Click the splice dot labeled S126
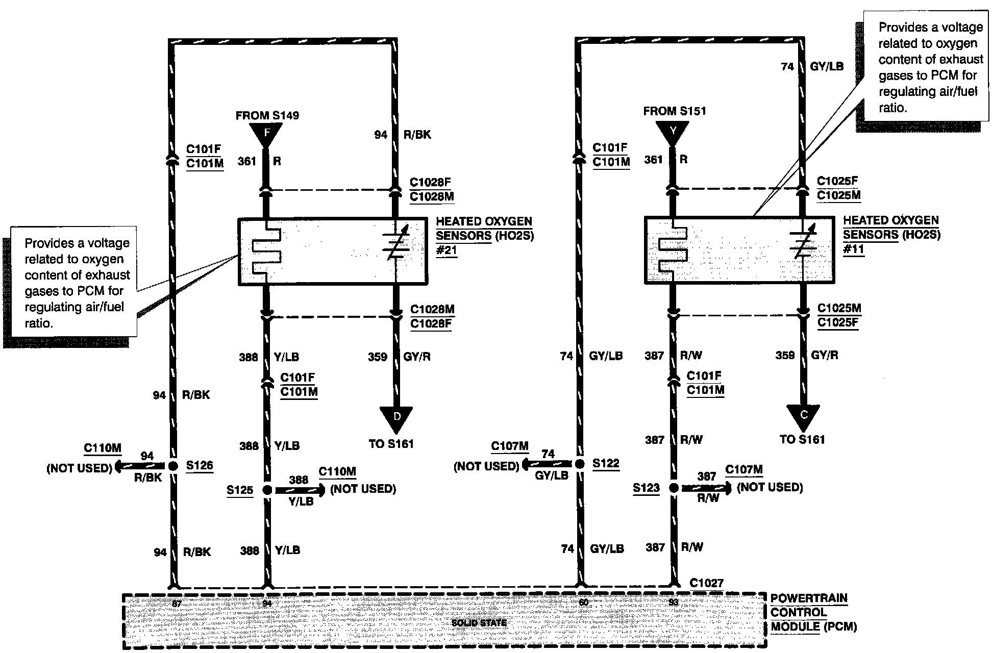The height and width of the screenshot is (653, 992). pos(173,466)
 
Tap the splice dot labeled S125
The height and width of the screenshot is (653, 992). pos(267,490)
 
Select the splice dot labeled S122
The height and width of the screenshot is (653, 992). pos(580,464)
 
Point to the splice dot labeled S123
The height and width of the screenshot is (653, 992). pos(674,488)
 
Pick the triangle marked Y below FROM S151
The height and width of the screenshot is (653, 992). pos(673,132)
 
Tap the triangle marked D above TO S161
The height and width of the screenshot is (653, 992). pos(396,418)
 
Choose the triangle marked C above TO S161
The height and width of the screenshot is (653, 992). pos(803,415)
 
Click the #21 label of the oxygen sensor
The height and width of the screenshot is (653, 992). pos(447,251)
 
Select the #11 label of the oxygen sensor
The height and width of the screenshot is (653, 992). pos(853,250)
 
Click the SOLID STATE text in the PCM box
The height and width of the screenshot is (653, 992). pos(479,623)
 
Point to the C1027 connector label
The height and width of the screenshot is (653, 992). pos(706,582)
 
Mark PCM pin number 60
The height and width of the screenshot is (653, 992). pos(584,602)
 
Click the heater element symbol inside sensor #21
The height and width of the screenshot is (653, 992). pos(266,252)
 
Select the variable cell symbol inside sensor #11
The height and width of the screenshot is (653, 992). pos(803,242)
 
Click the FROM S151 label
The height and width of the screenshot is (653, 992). pos(675,111)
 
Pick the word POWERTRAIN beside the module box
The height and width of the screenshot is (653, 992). pos(809,598)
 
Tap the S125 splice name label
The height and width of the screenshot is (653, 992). pos(240,490)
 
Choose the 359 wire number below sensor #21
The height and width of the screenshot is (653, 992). pos(378,357)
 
